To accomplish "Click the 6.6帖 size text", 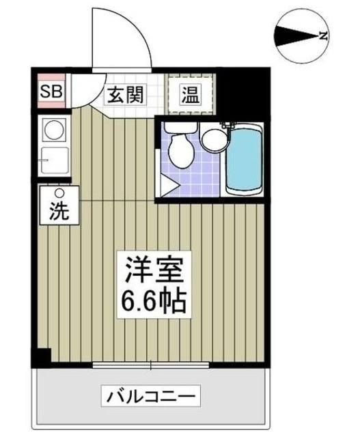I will point(154,301).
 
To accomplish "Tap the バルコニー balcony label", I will point(151,394).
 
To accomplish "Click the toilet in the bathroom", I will point(182,148).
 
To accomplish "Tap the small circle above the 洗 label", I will point(59,192).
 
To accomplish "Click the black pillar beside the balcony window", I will point(43,357).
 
